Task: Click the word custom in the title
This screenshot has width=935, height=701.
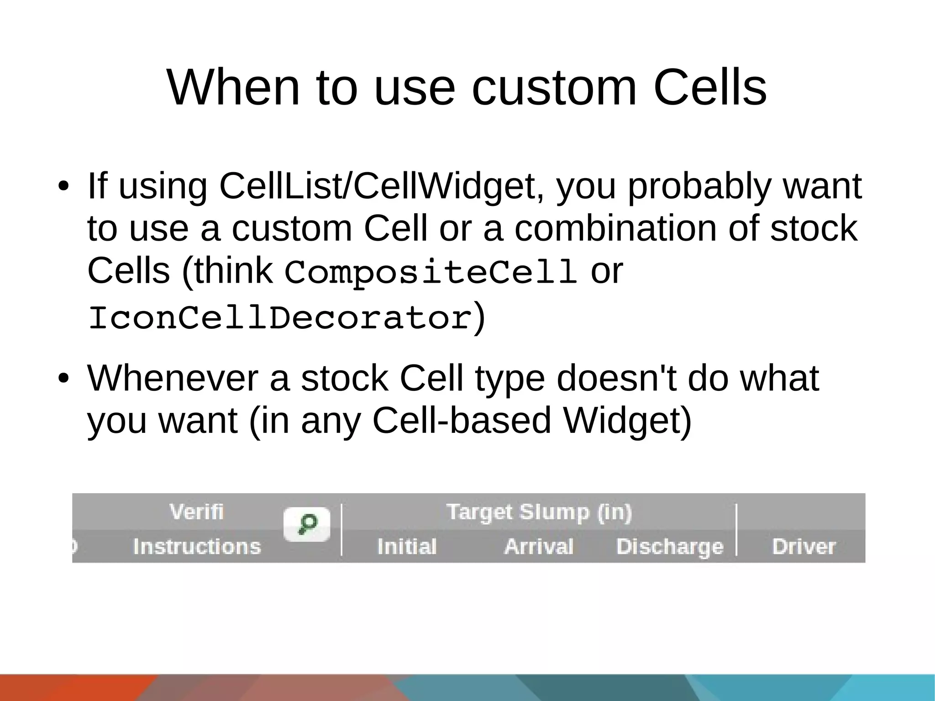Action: click(554, 88)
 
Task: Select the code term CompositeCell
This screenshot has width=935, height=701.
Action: click(431, 272)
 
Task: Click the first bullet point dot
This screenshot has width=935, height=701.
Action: click(63, 187)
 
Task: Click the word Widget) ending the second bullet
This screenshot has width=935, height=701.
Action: click(628, 421)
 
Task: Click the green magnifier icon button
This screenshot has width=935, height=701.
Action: click(307, 524)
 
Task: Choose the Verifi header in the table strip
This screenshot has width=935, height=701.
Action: click(196, 511)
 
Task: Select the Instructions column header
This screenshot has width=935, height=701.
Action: click(197, 546)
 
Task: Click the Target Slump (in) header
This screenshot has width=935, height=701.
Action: click(539, 512)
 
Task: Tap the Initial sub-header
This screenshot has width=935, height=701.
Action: click(407, 546)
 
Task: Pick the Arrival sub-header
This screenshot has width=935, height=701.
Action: click(539, 546)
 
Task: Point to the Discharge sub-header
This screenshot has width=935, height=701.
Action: click(670, 547)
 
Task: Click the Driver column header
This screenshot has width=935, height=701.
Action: click(804, 546)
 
